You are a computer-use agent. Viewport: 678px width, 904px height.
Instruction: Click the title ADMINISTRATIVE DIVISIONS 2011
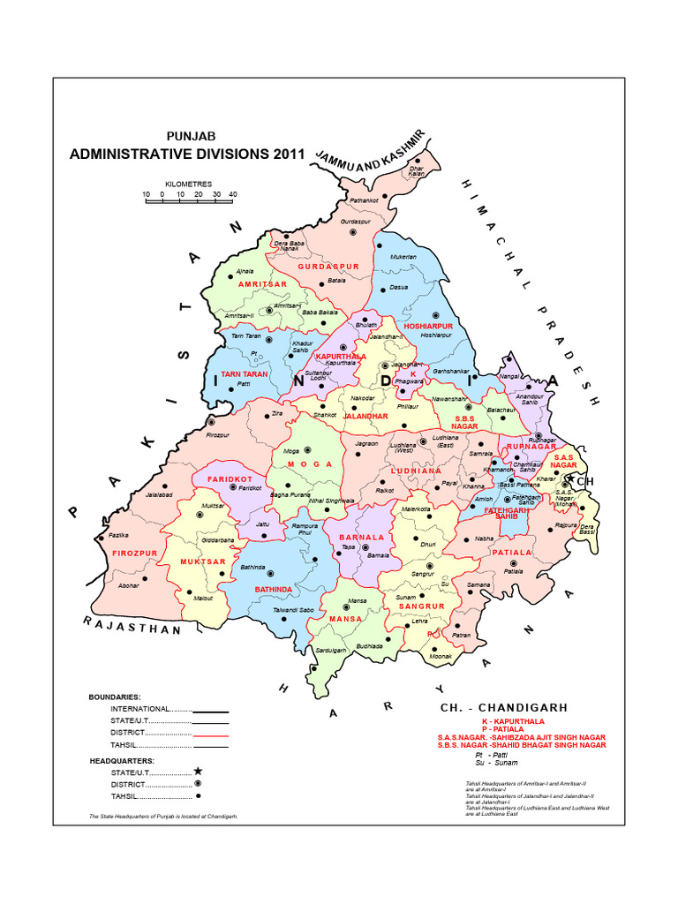click(x=186, y=154)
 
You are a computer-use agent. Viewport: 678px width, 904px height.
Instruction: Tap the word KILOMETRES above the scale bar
click(x=190, y=184)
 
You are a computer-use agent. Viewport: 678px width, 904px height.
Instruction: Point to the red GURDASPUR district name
click(x=328, y=266)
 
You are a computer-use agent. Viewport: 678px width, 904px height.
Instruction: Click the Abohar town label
click(x=129, y=585)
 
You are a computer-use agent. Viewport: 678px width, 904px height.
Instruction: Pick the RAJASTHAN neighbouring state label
click(x=132, y=626)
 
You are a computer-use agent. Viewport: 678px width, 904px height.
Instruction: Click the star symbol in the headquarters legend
click(x=198, y=772)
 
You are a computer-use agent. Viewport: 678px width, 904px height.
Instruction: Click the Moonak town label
click(x=441, y=656)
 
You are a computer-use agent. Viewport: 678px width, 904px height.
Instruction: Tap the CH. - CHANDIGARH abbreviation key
click(x=503, y=708)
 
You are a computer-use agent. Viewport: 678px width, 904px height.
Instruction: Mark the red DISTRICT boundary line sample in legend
click(x=210, y=734)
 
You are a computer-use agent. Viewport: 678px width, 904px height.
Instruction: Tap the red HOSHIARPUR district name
click(x=427, y=326)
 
